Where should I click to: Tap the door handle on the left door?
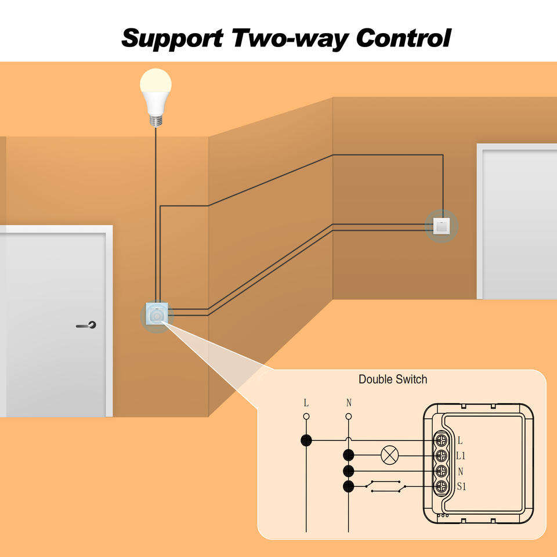[x=87, y=325]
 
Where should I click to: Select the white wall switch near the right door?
[x=442, y=226]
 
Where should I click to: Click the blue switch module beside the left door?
[x=157, y=314]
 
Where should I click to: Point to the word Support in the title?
[x=172, y=38]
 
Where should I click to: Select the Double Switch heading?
[x=393, y=379]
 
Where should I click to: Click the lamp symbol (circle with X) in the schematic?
[x=388, y=455]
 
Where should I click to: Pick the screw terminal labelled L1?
[x=442, y=455]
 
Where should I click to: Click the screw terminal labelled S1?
[x=442, y=486]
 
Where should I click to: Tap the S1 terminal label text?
[x=462, y=487]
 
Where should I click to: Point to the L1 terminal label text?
[x=461, y=456]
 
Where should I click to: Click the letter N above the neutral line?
[x=349, y=403]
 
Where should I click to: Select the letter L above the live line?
[x=306, y=403]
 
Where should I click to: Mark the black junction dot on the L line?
[x=306, y=440]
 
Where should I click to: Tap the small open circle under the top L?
[x=306, y=416]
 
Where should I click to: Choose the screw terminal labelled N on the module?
[x=442, y=471]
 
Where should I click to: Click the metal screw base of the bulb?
[x=155, y=120]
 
